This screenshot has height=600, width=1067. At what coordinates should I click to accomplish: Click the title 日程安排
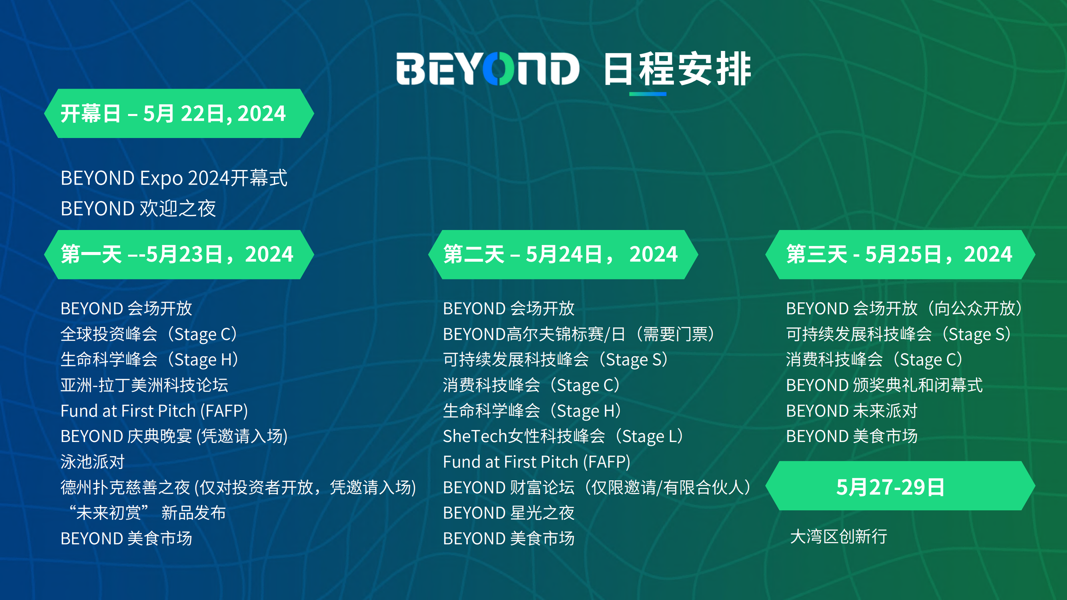tap(677, 69)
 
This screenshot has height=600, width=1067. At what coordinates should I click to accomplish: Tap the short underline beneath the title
tap(648, 94)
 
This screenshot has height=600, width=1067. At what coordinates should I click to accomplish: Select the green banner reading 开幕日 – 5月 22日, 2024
tap(179, 113)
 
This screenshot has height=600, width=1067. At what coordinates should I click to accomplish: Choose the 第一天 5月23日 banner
tap(179, 254)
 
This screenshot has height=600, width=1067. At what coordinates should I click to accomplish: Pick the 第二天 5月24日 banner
tap(563, 254)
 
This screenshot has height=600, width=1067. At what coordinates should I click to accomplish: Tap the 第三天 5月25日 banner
tap(900, 254)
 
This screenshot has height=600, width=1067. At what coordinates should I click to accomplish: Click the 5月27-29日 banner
tap(900, 486)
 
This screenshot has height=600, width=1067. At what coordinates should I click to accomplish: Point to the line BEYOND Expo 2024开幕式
tap(173, 178)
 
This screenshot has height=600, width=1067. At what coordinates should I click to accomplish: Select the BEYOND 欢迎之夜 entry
tap(138, 208)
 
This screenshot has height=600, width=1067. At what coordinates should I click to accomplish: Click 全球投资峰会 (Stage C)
tap(149, 334)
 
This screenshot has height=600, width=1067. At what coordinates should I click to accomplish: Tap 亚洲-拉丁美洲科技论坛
tap(144, 385)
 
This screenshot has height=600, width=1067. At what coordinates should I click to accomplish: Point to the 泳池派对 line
tap(92, 462)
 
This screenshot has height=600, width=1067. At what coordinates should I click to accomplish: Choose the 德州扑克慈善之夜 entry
tap(238, 487)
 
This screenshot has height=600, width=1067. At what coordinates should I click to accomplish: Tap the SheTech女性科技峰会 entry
tap(563, 436)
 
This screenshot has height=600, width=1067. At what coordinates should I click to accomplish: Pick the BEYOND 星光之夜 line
tap(508, 513)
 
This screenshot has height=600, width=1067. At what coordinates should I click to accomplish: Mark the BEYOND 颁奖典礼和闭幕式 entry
tap(884, 385)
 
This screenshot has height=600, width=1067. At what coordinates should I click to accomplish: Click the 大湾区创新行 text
tap(838, 536)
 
